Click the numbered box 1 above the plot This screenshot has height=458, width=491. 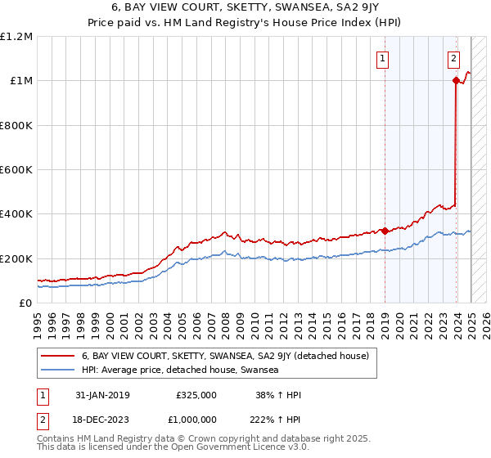click(x=382, y=57)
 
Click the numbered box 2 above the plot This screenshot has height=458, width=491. click(x=453, y=57)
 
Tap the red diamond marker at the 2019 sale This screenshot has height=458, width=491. click(x=385, y=231)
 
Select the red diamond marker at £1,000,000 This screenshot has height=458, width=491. click(x=455, y=80)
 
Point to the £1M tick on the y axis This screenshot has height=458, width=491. click(x=20, y=81)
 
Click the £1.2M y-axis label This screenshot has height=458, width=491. click(x=16, y=37)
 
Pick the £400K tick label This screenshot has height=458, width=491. click(x=16, y=214)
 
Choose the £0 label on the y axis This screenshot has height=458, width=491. click(x=25, y=303)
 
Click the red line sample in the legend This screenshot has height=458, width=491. click(x=57, y=356)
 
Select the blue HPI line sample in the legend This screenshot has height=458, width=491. click(x=57, y=370)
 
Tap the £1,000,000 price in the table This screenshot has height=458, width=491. click(x=194, y=419)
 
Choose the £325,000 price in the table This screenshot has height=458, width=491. click(x=196, y=395)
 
